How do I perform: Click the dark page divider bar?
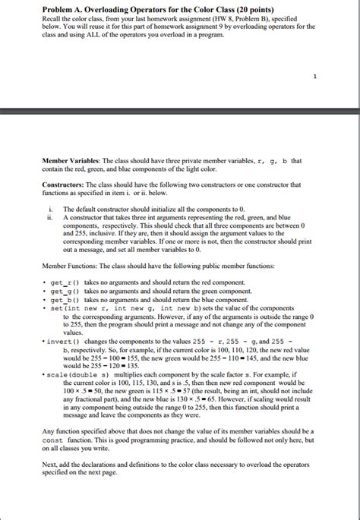[x=180, y=112]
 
